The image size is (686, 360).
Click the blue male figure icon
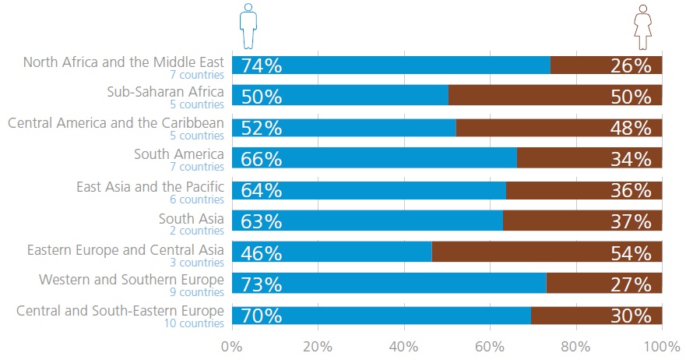(x=248, y=26)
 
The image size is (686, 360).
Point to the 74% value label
(x=262, y=65)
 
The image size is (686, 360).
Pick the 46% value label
(x=262, y=253)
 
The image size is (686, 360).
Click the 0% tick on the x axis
(x=232, y=345)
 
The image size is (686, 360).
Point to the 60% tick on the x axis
(x=490, y=345)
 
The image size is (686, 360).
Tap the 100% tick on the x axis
(x=661, y=345)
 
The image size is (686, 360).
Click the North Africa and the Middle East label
(x=124, y=62)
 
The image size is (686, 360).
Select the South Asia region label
(x=191, y=218)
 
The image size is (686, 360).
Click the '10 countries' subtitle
(x=194, y=323)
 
